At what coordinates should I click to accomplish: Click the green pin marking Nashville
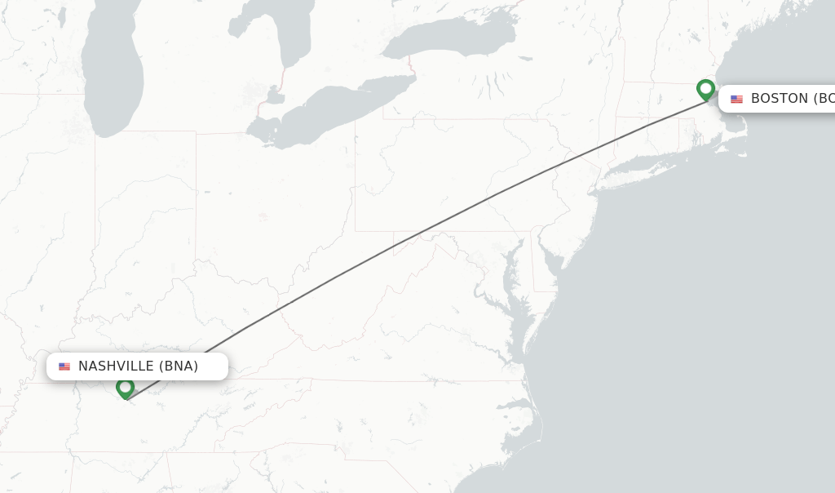coord(125,387)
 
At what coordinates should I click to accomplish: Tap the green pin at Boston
coord(705,88)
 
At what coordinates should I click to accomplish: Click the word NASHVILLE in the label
coord(116,366)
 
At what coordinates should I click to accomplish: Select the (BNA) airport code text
coord(179,366)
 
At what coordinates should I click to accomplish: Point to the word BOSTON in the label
coord(779,99)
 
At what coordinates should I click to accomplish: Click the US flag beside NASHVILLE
coord(64,366)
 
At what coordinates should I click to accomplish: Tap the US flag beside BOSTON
coord(736,99)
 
